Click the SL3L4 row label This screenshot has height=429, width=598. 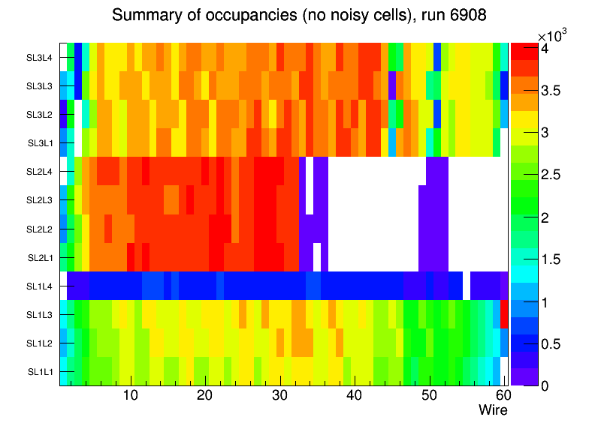(x=40, y=57)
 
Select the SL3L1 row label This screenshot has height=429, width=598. (x=40, y=143)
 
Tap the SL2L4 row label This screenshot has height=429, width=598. (x=40, y=172)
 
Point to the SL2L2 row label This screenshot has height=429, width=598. (x=40, y=229)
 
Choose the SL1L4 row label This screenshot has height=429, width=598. (x=40, y=286)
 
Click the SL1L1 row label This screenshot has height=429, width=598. (x=40, y=372)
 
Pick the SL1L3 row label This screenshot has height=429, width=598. (x=40, y=314)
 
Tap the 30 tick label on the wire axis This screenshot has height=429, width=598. (x=279, y=395)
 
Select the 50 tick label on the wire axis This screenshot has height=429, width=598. (x=428, y=395)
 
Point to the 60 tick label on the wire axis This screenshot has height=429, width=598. (x=502, y=395)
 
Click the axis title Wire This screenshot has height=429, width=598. (x=493, y=410)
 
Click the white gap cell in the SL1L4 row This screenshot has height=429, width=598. (x=467, y=286)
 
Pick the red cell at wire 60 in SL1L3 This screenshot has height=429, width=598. (x=505, y=314)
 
